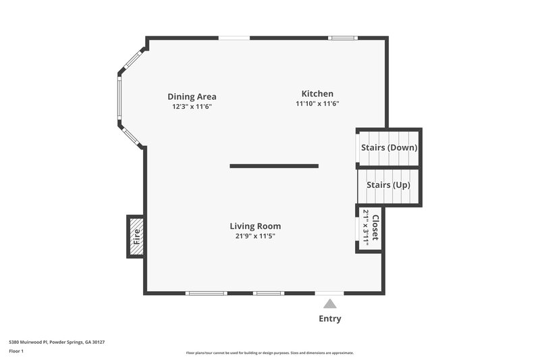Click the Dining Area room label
192,97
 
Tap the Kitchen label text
317,94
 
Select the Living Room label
255,226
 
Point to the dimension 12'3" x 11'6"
192,107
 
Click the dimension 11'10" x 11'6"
317,104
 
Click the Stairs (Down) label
389,147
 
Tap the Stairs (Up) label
388,184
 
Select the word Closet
375,228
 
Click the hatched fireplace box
136,236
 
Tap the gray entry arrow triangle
329,305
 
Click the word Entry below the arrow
329,319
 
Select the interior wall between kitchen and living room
273,165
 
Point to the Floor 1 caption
16,351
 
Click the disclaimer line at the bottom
270,353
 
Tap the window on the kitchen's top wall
342,38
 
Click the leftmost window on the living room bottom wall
206,293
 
